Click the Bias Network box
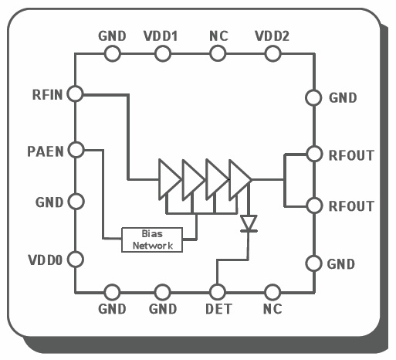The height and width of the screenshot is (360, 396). click(152, 239)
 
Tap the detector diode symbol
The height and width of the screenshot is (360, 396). click(249, 223)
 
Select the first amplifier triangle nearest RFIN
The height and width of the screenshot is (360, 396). click(169, 179)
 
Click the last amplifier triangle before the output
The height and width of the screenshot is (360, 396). click(240, 179)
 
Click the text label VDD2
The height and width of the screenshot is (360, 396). click(272, 36)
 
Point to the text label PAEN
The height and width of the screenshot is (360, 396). click(46, 151)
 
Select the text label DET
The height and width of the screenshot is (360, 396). click(218, 309)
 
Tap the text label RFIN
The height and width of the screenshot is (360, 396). click(48, 95)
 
